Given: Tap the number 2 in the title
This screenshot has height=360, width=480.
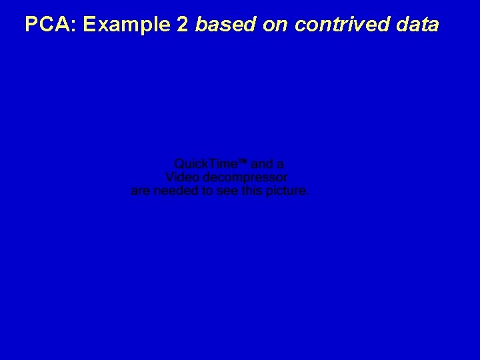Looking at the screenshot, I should point(182,25).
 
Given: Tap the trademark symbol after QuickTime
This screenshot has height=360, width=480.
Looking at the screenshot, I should point(243,163).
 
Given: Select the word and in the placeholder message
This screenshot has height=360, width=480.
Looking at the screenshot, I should point(262,164).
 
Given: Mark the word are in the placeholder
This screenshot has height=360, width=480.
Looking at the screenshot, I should point(141,191).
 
